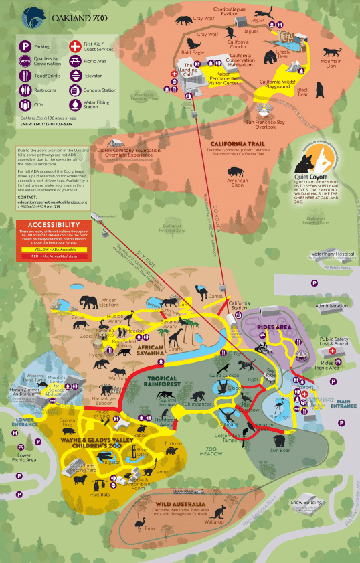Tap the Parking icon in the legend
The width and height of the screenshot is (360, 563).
(x=25, y=47)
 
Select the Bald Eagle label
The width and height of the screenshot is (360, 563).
(x=193, y=52)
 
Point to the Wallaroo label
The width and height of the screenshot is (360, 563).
(x=214, y=539)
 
